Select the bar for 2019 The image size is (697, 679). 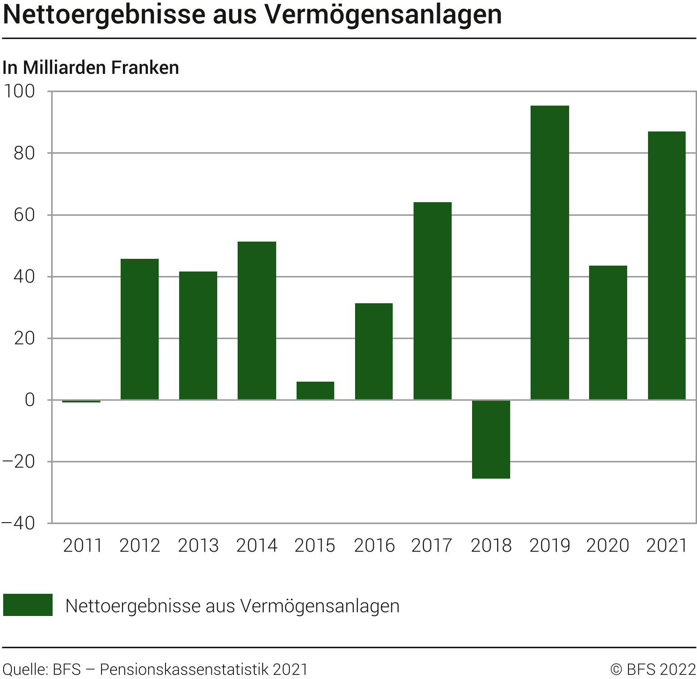550,252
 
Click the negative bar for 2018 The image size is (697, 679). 491,439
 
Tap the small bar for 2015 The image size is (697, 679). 315,391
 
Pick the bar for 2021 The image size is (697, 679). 667,266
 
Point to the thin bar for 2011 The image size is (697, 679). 81,401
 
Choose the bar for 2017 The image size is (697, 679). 433,301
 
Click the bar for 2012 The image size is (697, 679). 140,329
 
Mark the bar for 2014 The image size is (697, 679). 257,320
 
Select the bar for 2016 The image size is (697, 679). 374,351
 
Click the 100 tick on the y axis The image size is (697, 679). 19,91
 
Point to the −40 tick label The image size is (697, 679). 19,523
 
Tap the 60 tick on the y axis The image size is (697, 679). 24,215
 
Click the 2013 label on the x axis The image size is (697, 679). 198,545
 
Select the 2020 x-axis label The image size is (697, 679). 608,545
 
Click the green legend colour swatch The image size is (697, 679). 28,605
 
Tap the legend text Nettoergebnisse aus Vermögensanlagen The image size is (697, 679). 232,606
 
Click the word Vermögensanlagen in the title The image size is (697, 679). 383,15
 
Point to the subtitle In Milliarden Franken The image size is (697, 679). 91,68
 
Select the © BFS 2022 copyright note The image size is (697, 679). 653,669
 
